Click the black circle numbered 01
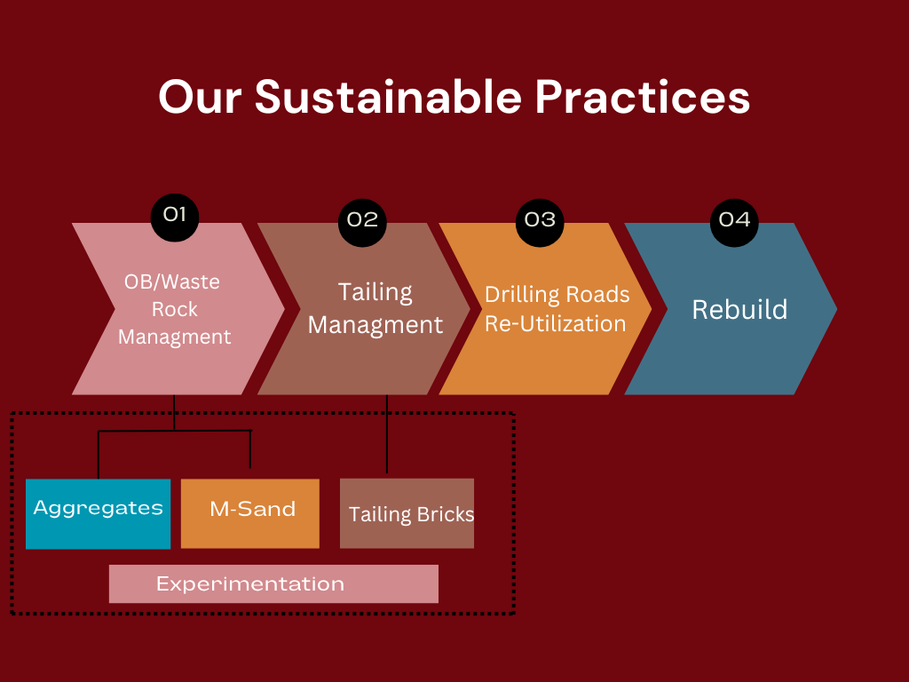coord(175,214)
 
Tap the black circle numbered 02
coord(363,219)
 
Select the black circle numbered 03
coord(540,219)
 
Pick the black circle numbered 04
coord(734,219)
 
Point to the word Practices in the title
coord(643,96)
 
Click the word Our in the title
coord(199,96)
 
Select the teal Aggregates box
coord(98,513)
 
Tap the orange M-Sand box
coord(250,513)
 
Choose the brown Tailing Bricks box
coord(407,513)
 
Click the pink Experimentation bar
coord(273,583)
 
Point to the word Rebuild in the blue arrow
coord(739,309)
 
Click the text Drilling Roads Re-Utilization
coord(557,308)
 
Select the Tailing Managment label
coord(375,308)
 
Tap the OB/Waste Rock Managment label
coord(174,309)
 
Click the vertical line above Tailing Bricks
coord(387,435)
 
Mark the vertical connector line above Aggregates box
coord(99,455)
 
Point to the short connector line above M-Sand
coord(251,449)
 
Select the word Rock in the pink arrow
coord(175,309)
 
